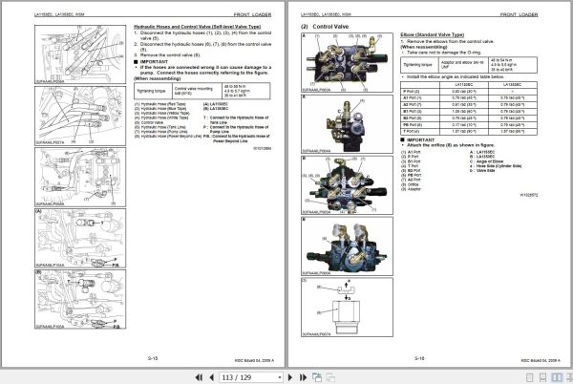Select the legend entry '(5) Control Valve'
156,123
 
